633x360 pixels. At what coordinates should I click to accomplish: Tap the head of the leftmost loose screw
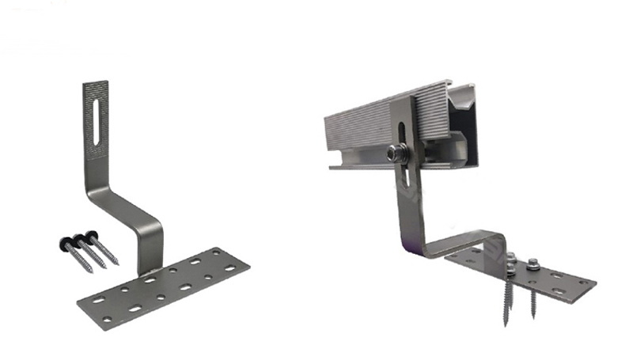[x=63, y=238]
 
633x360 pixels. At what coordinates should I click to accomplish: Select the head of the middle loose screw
[x=78, y=236]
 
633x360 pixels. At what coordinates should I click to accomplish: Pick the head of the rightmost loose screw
[x=93, y=234]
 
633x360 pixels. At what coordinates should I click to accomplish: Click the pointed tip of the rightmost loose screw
[x=118, y=264]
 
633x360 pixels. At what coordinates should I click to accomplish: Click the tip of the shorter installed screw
[x=533, y=317]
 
